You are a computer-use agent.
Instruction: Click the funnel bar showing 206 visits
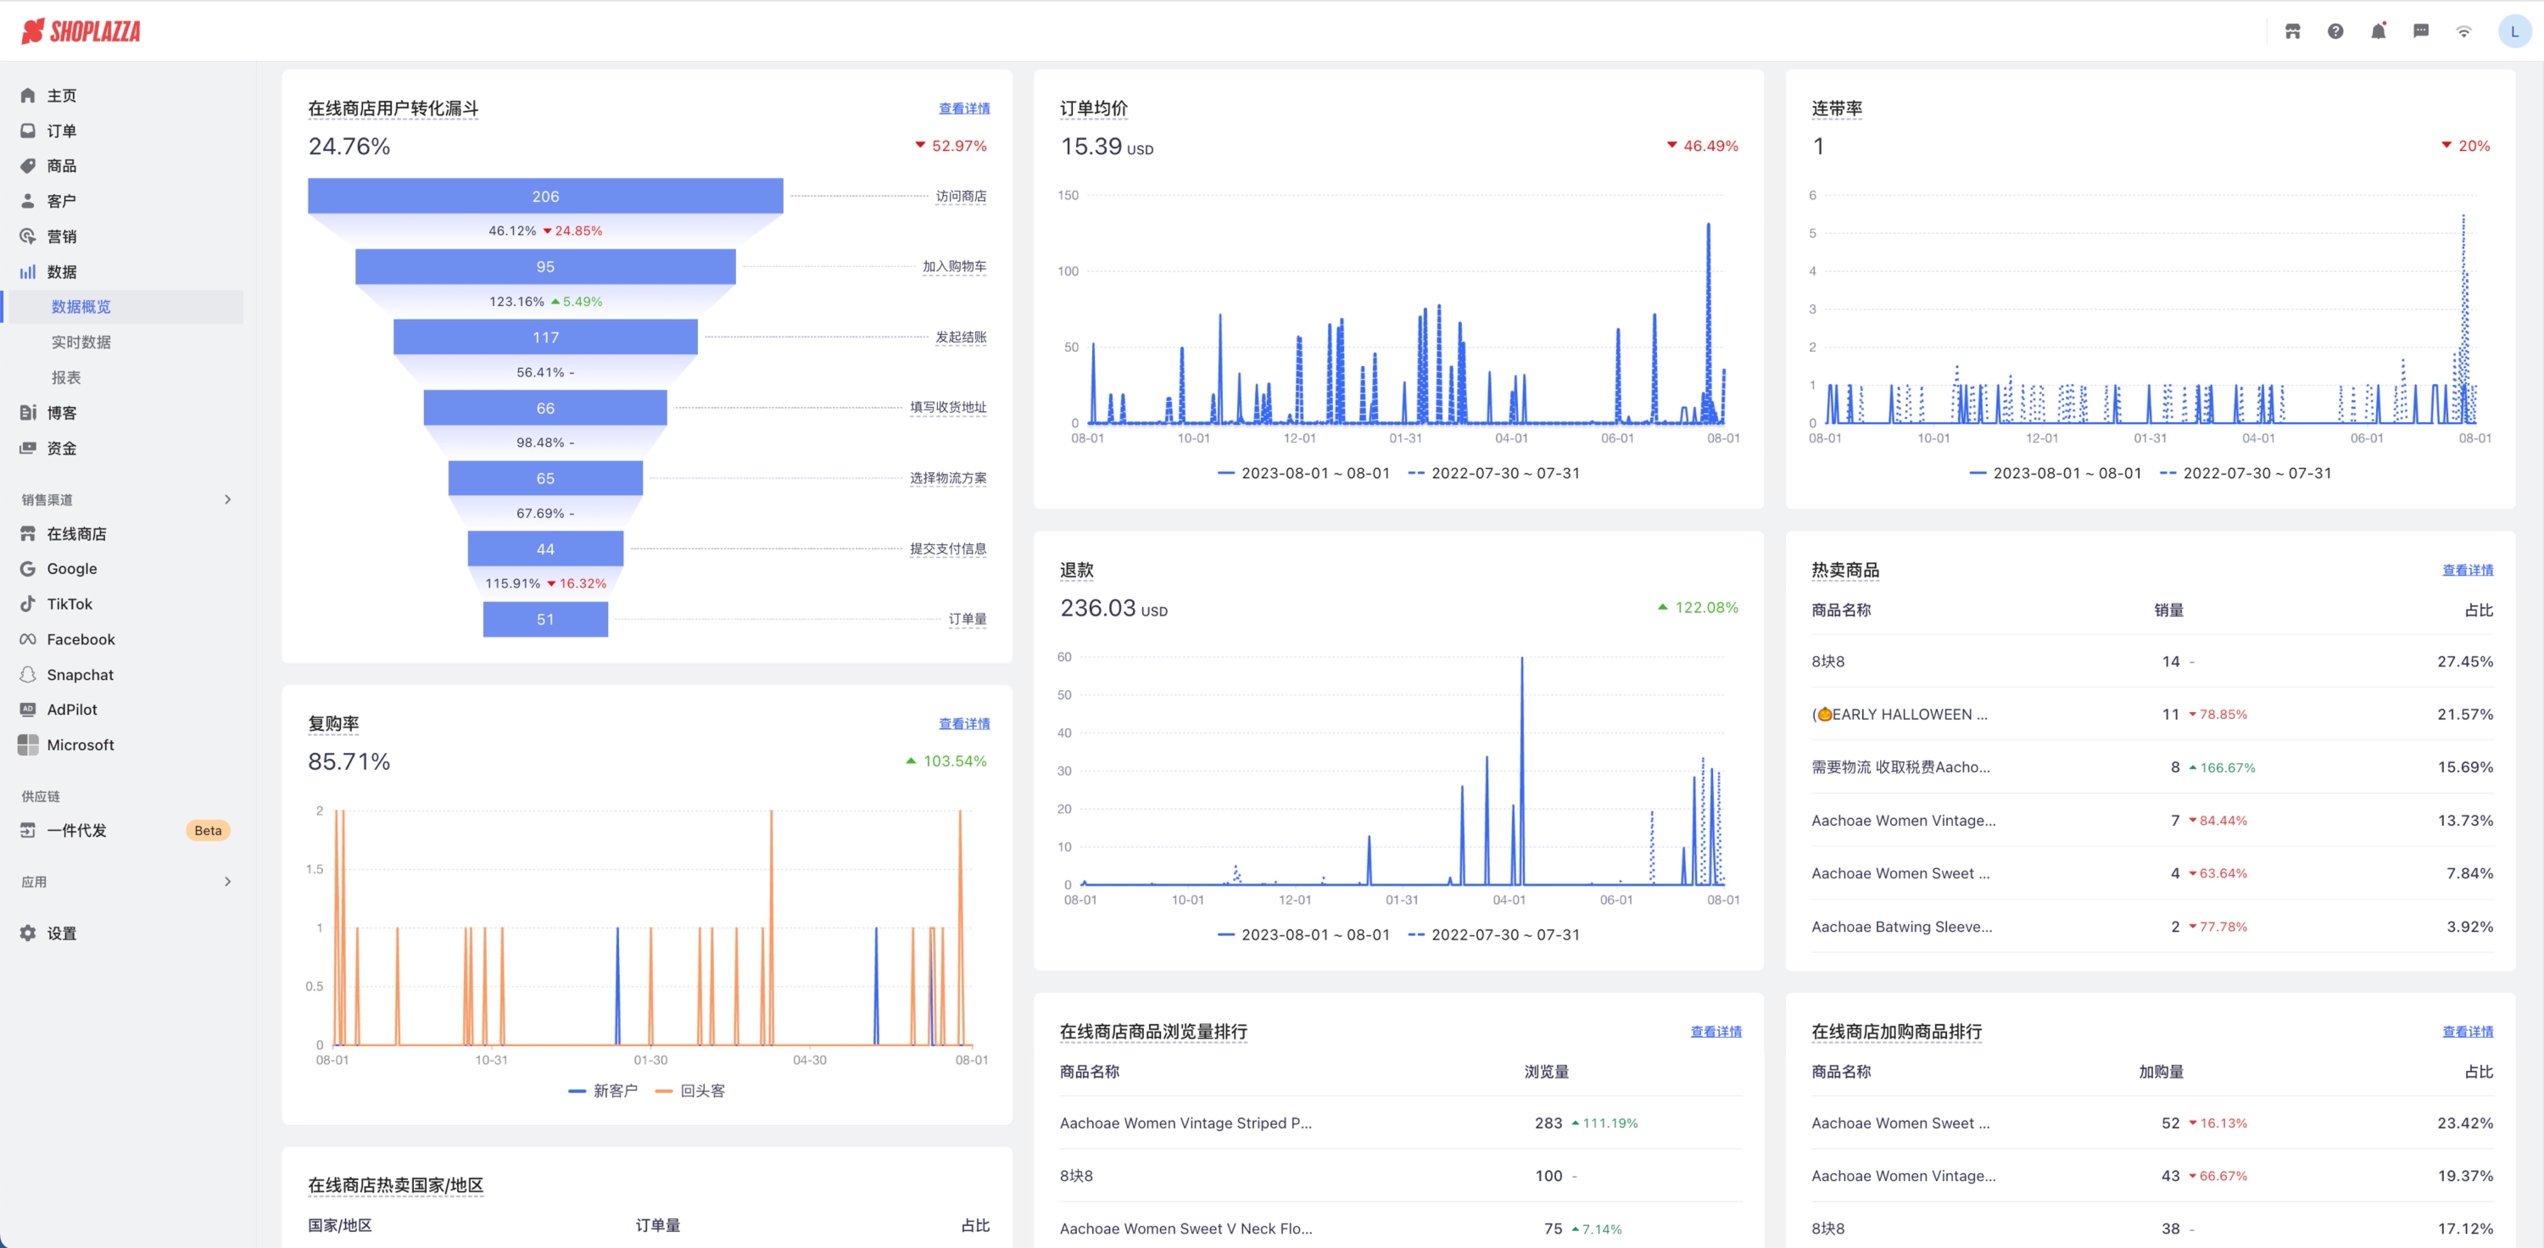545,197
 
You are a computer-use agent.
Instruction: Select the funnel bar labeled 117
545,337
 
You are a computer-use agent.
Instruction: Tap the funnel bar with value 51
545,620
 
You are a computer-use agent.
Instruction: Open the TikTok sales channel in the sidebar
70,604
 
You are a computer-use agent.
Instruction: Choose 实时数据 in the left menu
81,343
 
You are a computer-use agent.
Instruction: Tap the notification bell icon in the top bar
2378,31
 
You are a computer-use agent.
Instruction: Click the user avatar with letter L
2514,31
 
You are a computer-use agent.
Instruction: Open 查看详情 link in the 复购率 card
964,724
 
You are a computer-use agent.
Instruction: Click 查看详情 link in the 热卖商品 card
2467,570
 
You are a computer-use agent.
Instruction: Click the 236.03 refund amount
1098,608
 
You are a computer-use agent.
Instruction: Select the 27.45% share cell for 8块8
2464,661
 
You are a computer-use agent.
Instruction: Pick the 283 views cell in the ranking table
1548,1123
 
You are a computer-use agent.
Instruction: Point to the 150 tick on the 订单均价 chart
1068,196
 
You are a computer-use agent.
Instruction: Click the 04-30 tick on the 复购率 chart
809,1061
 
